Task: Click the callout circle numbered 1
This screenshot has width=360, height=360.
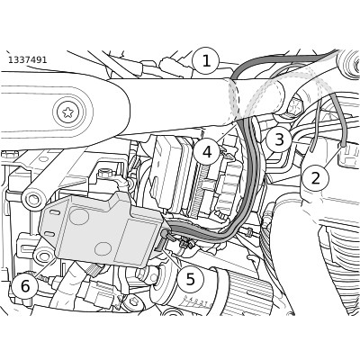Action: point(206,61)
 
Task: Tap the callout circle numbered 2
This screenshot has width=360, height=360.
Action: point(315,178)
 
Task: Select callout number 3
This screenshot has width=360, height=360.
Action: point(279,139)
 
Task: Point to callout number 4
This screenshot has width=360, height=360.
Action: point(207,152)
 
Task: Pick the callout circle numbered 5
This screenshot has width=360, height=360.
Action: point(191,279)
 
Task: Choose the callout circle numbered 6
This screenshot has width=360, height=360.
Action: point(25,286)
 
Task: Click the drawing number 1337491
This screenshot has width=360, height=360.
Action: point(27,60)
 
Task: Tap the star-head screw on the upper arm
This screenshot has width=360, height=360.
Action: point(68,112)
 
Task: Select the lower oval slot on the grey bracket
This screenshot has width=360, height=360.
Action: point(49,234)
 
